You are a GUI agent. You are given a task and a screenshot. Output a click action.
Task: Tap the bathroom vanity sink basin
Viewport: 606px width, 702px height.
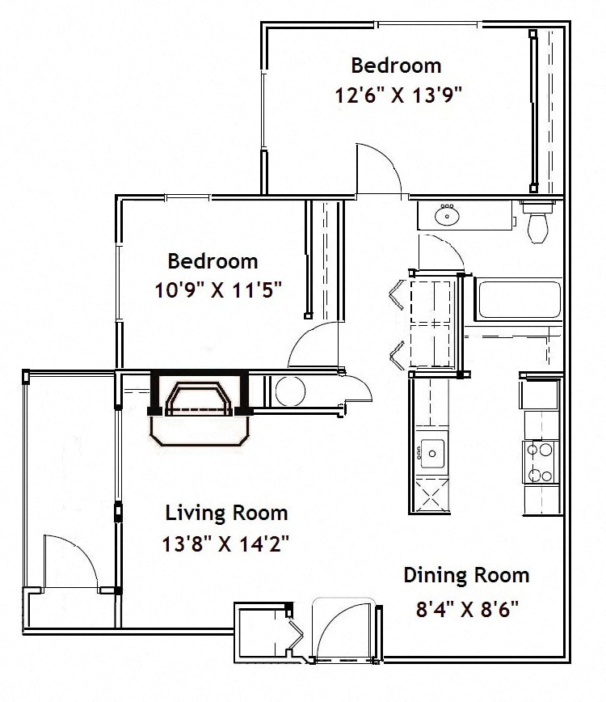pyautogui.click(x=447, y=216)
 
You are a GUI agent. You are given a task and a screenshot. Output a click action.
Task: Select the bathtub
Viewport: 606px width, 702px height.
pyautogui.click(x=518, y=299)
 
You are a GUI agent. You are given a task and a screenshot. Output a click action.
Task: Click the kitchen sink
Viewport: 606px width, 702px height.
pyautogui.click(x=432, y=453)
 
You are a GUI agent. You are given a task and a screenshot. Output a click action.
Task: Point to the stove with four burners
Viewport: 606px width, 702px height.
pyautogui.click(x=541, y=462)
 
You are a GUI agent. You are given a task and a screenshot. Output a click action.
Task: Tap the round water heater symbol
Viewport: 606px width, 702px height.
pyautogui.click(x=290, y=391)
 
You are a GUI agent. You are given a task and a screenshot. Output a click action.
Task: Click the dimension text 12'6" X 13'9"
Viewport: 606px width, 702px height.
pyautogui.click(x=398, y=95)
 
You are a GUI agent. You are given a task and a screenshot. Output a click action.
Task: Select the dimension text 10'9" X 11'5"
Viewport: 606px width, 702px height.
pyautogui.click(x=218, y=290)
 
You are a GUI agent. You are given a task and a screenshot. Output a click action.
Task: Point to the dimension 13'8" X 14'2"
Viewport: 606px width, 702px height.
pyautogui.click(x=225, y=544)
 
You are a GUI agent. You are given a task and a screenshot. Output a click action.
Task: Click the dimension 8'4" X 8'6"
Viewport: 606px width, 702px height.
pyautogui.click(x=467, y=609)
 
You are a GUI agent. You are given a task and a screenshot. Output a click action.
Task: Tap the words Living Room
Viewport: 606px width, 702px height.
pyautogui.click(x=226, y=513)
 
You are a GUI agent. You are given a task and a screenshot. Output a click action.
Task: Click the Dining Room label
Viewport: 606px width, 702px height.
pyautogui.click(x=466, y=575)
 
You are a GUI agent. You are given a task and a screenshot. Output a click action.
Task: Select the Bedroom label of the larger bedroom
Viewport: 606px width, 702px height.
pyautogui.click(x=396, y=66)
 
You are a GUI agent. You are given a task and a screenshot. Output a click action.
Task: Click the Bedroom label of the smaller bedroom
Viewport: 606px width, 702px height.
pyautogui.click(x=213, y=261)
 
